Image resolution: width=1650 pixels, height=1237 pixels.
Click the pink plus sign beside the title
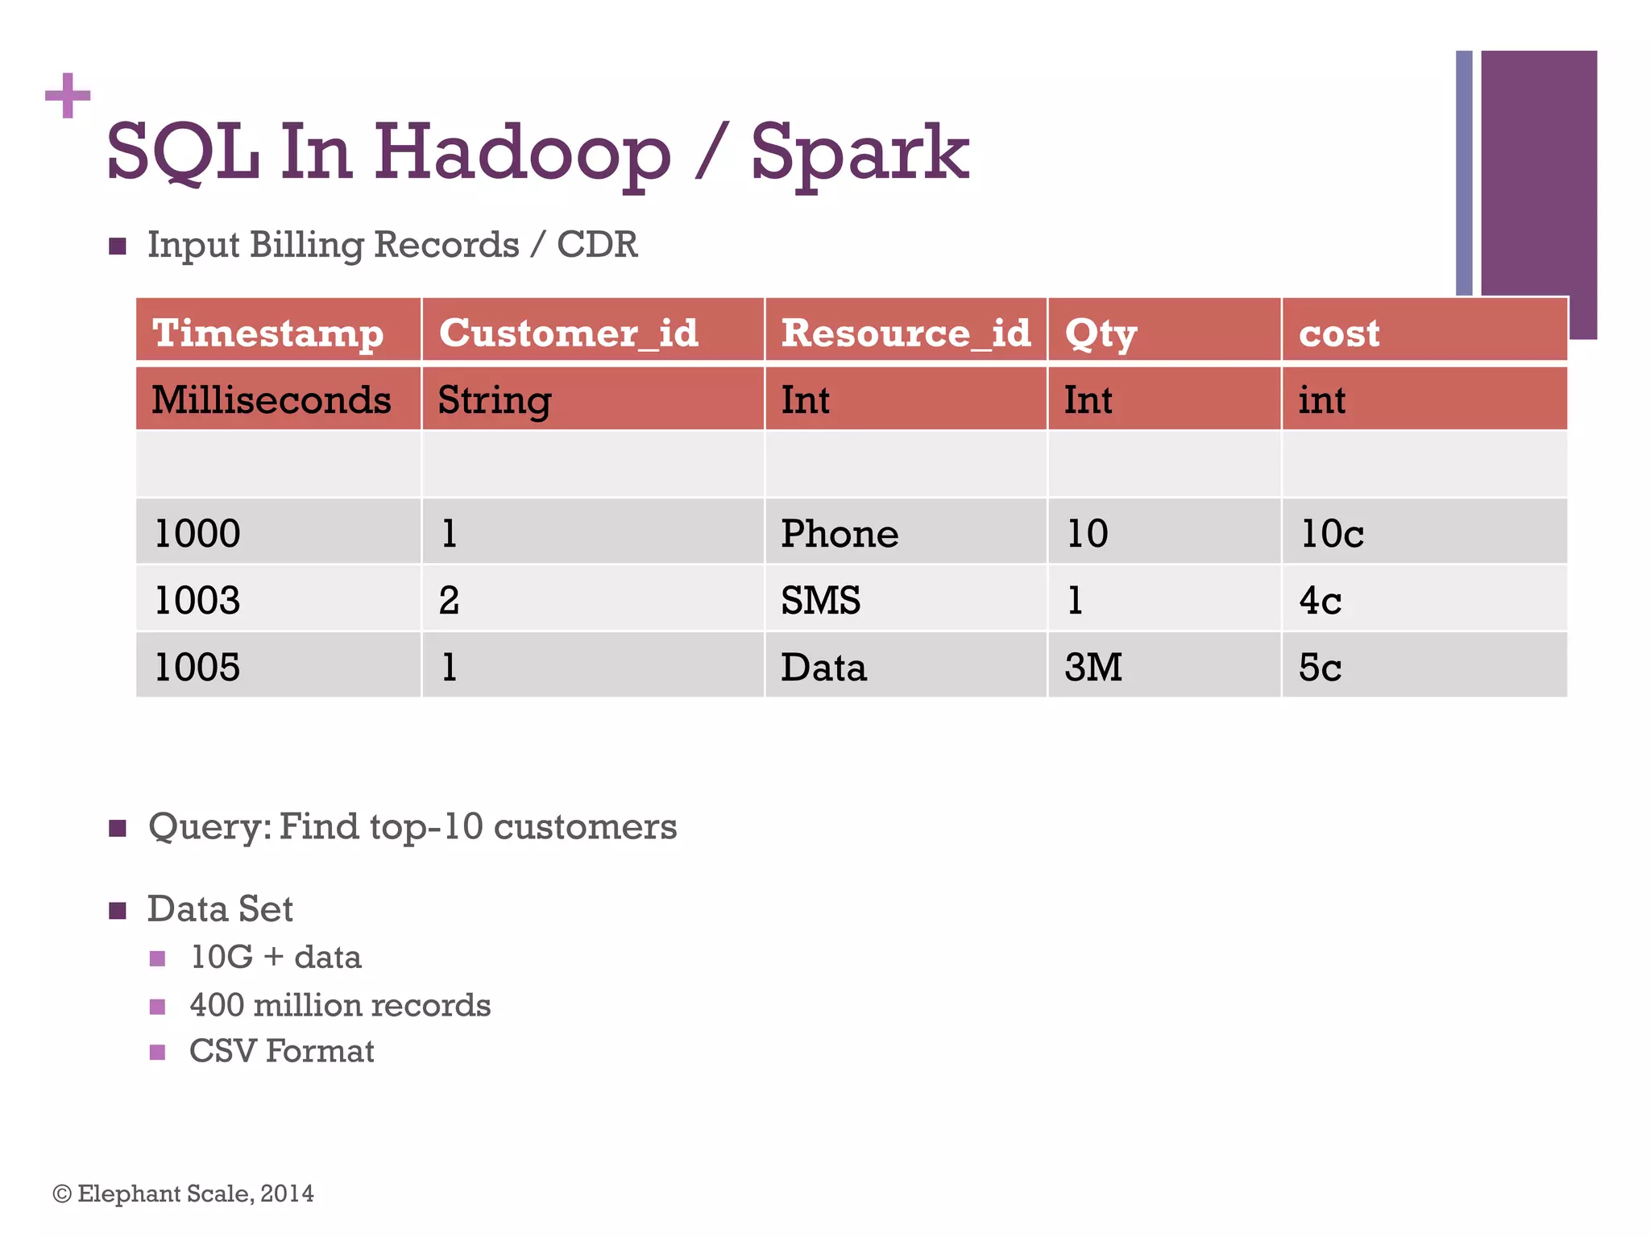68,96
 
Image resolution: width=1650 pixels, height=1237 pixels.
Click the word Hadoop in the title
521,153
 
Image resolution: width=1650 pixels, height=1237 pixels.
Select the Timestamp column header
267,333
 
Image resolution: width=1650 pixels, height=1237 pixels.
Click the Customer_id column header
568,333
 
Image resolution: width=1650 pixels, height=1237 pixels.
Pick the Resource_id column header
906,333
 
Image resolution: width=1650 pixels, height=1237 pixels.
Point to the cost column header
1339,333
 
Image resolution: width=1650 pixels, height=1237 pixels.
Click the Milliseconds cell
272,400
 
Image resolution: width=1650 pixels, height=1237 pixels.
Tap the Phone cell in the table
840,533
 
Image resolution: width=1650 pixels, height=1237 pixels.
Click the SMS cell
820,600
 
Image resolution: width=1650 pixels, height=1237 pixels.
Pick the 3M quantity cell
1093,667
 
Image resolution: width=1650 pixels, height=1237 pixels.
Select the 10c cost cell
1332,533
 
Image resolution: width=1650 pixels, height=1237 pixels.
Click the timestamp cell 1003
197,600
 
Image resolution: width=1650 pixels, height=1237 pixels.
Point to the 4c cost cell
1320,600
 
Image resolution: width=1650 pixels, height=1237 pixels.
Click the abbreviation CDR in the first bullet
597,244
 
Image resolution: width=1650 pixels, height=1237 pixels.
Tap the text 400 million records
340,1005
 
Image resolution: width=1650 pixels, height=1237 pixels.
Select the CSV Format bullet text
281,1051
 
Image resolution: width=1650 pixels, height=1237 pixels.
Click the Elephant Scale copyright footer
184,1194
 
